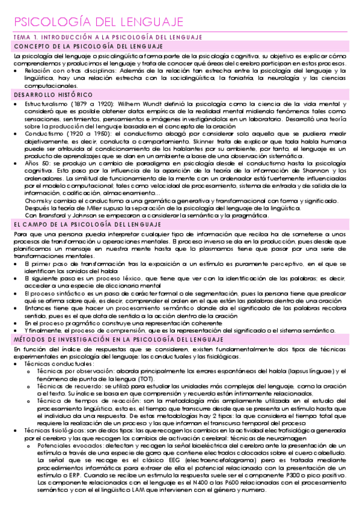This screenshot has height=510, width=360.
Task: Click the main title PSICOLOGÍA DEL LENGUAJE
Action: [x=98, y=22]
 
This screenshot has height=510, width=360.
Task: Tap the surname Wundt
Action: [x=142, y=104]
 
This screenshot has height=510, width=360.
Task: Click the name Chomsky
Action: [x=38, y=201]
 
